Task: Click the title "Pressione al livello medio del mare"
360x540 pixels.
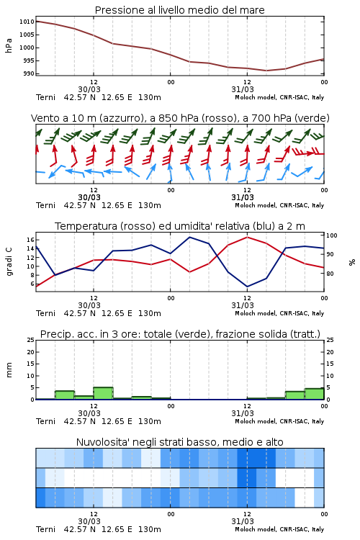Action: (179, 10)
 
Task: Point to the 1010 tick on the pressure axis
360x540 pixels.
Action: (27, 22)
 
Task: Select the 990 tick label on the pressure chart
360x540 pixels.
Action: (29, 73)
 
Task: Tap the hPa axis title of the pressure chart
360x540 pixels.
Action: (9, 46)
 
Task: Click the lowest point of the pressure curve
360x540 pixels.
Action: (266, 71)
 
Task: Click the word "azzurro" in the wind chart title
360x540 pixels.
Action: (120, 118)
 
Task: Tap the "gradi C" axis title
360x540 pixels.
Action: (9, 262)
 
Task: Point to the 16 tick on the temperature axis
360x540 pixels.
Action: (30, 240)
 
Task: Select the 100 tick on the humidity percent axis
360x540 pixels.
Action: (332, 235)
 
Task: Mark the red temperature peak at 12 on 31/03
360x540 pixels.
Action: (247, 238)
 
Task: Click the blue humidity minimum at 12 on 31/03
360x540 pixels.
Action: (247, 287)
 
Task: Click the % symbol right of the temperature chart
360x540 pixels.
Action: (352, 262)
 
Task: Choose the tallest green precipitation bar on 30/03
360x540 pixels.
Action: (104, 393)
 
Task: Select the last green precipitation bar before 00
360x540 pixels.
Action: (314, 394)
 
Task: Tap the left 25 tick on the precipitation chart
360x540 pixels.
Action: (31, 341)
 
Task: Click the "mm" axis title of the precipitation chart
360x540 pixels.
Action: (9, 370)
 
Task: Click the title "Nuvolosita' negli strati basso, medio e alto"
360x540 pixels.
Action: (179, 442)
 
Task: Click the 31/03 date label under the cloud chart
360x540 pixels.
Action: (243, 521)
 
